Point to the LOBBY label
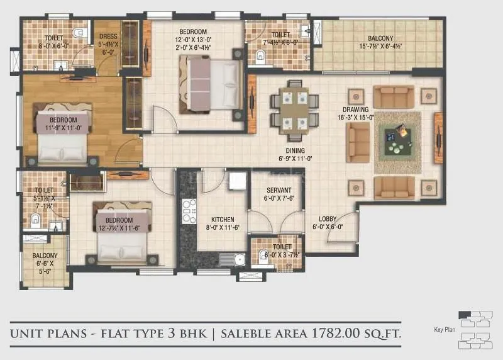tap(328, 219)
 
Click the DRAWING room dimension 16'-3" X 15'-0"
tap(356, 117)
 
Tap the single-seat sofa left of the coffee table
tap(358, 142)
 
